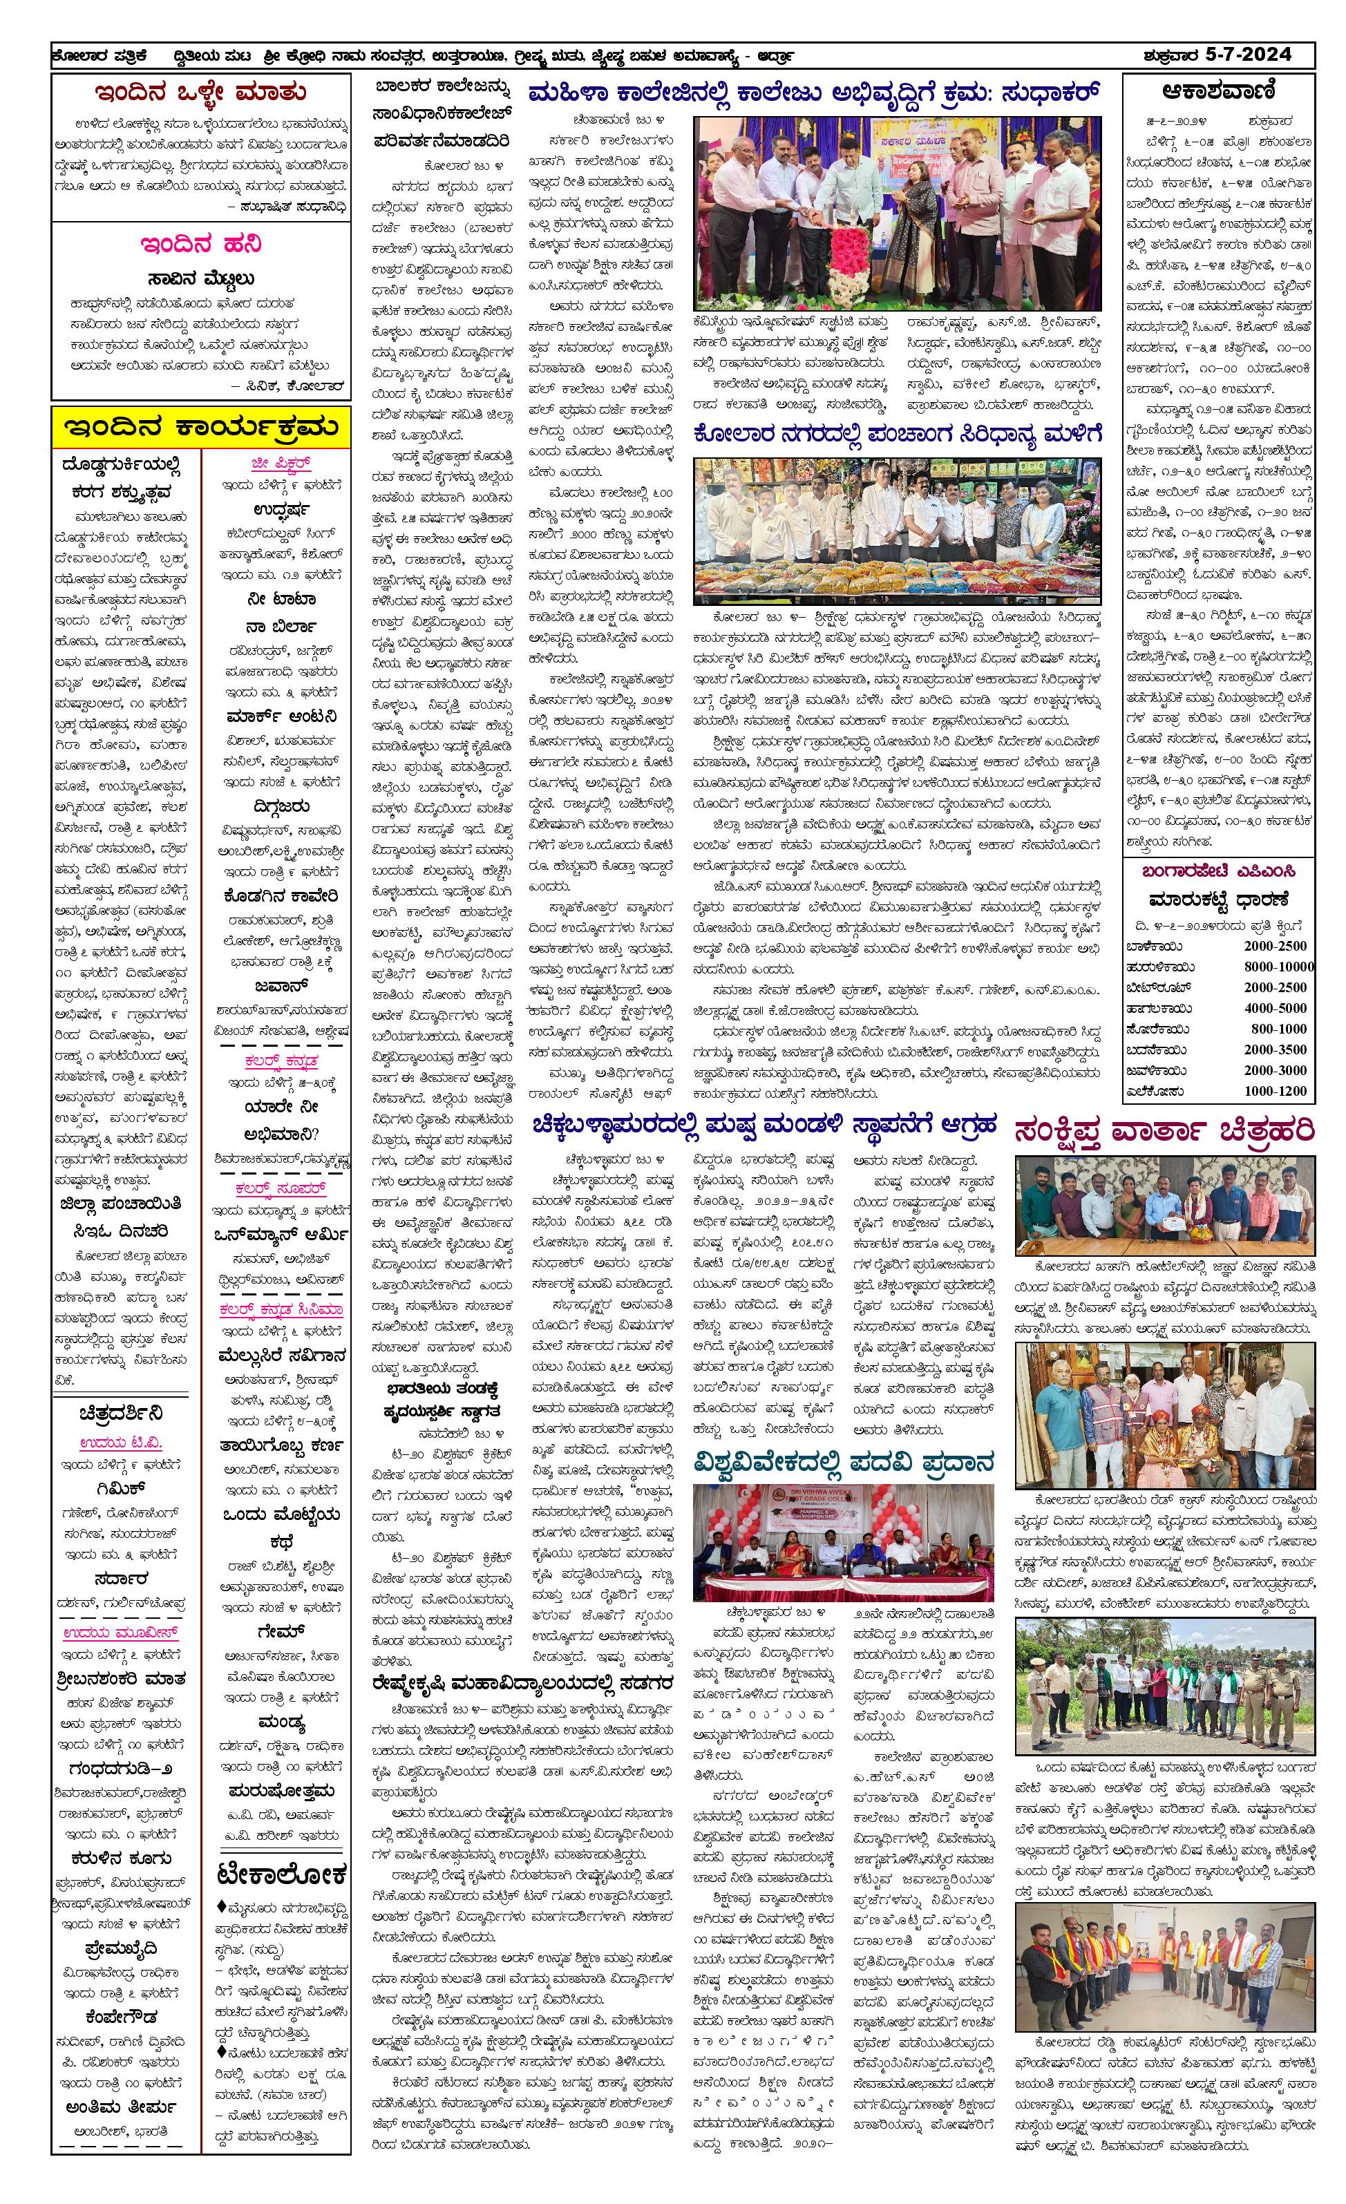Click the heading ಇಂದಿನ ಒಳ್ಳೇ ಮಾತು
pyautogui.click(x=200, y=92)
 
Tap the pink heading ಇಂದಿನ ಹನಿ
pyautogui.click(x=200, y=244)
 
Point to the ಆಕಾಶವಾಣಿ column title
pyautogui.click(x=1219, y=91)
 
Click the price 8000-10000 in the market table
pyautogui.click(x=1279, y=966)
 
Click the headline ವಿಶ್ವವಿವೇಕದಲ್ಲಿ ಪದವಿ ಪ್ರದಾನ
pyautogui.click(x=844, y=1463)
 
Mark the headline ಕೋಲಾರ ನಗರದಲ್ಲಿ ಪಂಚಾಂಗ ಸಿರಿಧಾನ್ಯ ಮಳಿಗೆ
pyautogui.click(x=897, y=435)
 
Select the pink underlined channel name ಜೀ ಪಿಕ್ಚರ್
pyautogui.click(x=281, y=464)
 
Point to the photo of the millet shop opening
pyautogui.click(x=897, y=531)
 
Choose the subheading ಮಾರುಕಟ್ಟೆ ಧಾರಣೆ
pyautogui.click(x=1218, y=899)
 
